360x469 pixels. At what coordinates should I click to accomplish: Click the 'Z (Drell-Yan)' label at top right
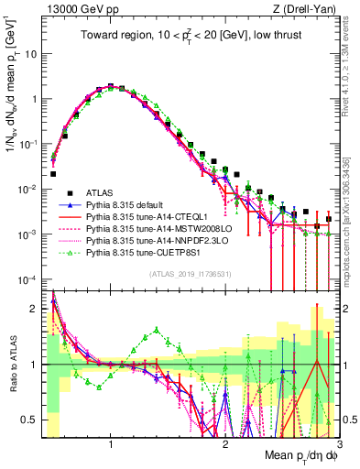pyautogui.click(x=307, y=8)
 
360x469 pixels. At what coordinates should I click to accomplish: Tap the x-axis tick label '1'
pyautogui.click(x=111, y=444)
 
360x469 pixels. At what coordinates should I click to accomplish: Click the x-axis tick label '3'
pyautogui.click(x=338, y=444)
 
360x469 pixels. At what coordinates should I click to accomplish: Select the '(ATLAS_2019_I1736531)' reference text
pyautogui.click(x=189, y=274)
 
